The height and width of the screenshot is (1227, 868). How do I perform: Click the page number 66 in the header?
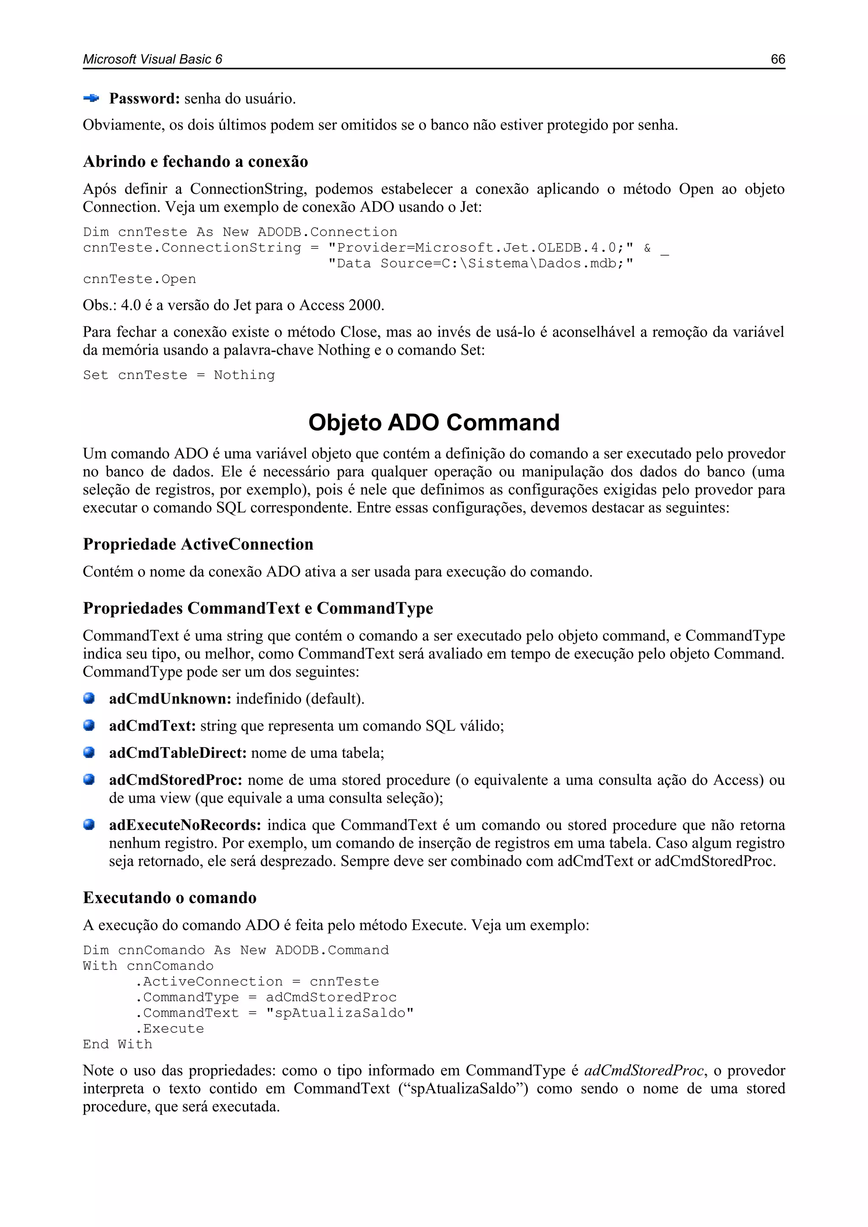point(777,59)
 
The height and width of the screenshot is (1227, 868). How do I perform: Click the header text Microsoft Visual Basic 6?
point(152,59)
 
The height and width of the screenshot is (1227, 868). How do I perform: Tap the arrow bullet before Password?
point(91,98)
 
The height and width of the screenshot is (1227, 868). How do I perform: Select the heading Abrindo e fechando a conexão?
point(195,161)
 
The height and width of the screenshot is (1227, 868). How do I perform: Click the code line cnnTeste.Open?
point(139,279)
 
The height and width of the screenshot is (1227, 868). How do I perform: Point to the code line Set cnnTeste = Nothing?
point(178,375)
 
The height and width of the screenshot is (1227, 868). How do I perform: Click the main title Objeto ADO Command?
point(434,422)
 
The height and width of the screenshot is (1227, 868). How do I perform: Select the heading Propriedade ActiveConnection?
point(198,544)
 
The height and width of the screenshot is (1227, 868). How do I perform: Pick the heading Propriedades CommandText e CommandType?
point(258,608)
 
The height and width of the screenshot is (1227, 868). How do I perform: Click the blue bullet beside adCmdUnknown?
point(89,698)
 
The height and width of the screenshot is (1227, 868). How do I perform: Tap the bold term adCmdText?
point(152,726)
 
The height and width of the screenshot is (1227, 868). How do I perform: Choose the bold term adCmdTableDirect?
point(178,753)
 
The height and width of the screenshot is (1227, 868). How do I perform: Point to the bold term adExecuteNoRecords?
point(185,825)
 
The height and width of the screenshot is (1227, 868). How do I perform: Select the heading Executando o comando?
point(170,897)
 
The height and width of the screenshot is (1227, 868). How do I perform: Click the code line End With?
point(117,1044)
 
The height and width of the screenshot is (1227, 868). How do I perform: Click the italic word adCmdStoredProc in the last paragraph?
point(644,1071)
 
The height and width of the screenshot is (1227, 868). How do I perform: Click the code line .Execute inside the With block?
point(170,1029)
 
